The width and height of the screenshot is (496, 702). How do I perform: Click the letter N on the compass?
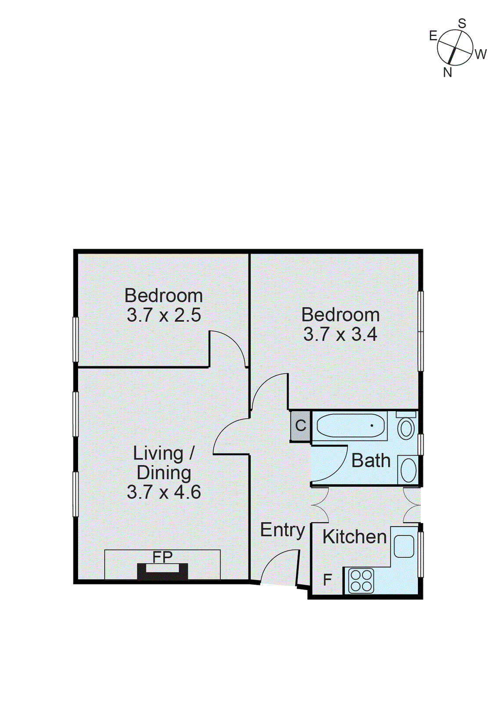pyautogui.click(x=447, y=72)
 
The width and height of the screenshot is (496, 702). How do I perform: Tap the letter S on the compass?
pyautogui.click(x=462, y=24)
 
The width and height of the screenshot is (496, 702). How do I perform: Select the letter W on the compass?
pyautogui.click(x=481, y=54)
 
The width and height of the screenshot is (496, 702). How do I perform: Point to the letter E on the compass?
pyautogui.click(x=433, y=36)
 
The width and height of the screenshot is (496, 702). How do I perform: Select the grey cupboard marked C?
pyautogui.click(x=300, y=426)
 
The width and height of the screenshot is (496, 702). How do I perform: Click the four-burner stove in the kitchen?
pyautogui.click(x=361, y=580)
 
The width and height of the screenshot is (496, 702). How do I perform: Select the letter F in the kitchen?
pyautogui.click(x=327, y=580)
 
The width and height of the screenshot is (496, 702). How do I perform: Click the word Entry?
pyautogui.click(x=282, y=530)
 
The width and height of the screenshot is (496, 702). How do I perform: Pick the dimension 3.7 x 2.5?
pyautogui.click(x=164, y=315)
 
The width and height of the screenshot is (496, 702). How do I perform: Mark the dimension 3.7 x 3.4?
pyautogui.click(x=340, y=334)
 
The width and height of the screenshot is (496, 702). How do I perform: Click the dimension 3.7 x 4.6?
pyautogui.click(x=164, y=492)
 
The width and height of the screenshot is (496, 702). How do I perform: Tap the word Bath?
pyautogui.click(x=371, y=461)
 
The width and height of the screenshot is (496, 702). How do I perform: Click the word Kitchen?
pyautogui.click(x=354, y=537)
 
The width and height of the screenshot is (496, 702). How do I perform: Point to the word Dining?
pyautogui.click(x=164, y=473)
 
